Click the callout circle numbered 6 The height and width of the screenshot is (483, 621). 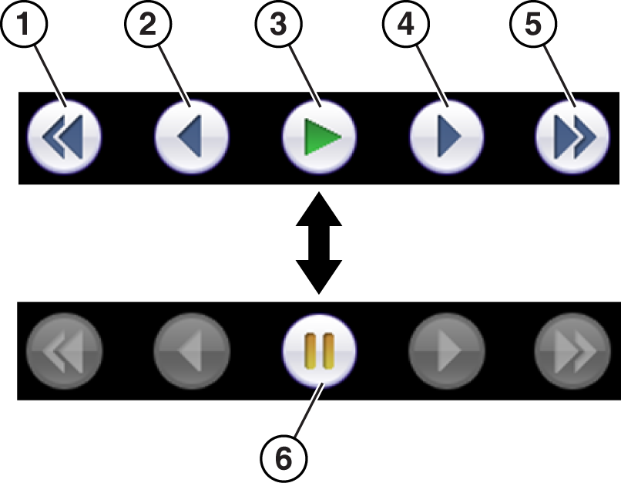(284, 458)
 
